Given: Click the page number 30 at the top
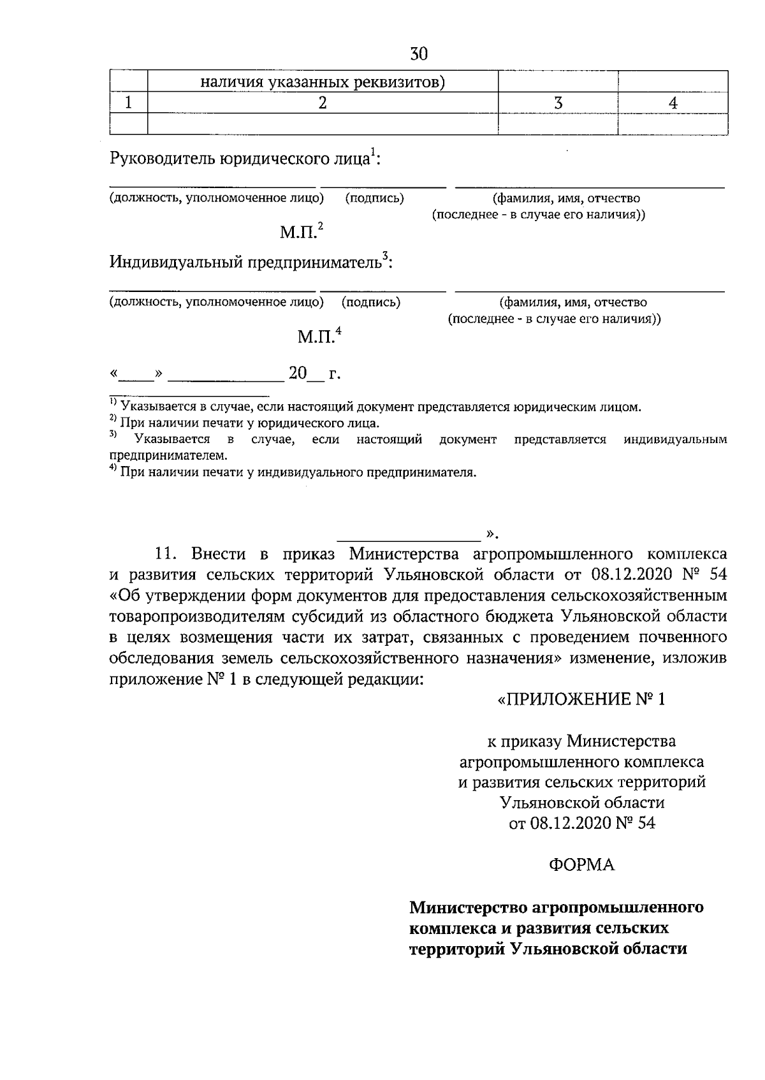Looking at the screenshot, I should pyautogui.click(x=419, y=54).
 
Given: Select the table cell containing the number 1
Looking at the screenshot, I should pyautogui.click(x=129, y=103).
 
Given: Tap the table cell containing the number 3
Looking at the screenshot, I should pyautogui.click(x=558, y=103).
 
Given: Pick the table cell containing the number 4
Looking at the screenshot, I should pyautogui.click(x=673, y=103).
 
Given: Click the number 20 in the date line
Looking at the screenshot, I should pyautogui.click(x=298, y=373).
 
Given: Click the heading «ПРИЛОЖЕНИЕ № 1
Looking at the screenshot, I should pyautogui.click(x=581, y=699).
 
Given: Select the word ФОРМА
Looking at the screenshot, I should pyautogui.click(x=581, y=865).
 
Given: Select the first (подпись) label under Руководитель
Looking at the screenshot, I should pyautogui.click(x=374, y=198).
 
